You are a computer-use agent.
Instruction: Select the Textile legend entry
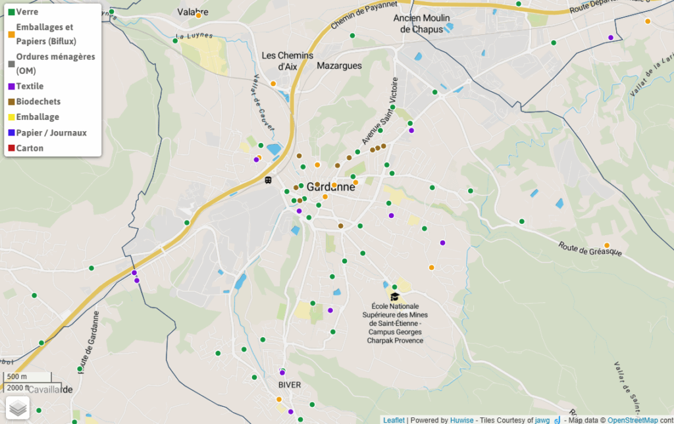point(30,86)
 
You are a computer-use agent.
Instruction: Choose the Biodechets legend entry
point(38,101)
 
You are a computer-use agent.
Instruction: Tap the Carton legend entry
point(30,148)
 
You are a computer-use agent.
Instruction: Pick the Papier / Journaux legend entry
point(51,133)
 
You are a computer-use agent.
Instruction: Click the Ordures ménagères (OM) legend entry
point(55,63)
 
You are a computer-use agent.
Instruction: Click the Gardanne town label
point(330,186)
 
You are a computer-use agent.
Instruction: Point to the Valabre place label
point(193,12)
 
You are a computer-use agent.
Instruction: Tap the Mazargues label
point(339,66)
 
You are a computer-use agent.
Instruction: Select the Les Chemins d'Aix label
point(288,61)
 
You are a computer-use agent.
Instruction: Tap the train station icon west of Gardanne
point(268,180)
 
